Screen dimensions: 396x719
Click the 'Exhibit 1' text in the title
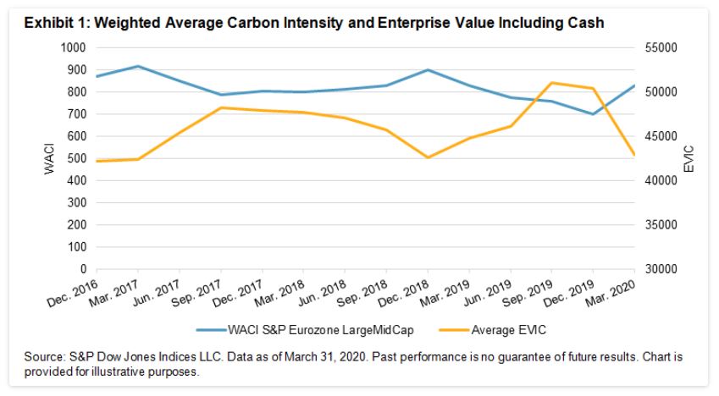point(52,24)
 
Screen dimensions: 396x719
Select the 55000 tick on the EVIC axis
point(658,48)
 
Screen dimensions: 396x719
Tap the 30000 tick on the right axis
point(658,270)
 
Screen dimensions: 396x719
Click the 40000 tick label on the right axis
point(658,181)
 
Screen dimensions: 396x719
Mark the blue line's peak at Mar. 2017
point(138,66)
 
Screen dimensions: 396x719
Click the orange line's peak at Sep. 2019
point(552,83)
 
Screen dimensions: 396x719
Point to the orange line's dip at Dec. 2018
point(428,157)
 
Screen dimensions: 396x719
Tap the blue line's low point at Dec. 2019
point(593,114)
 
